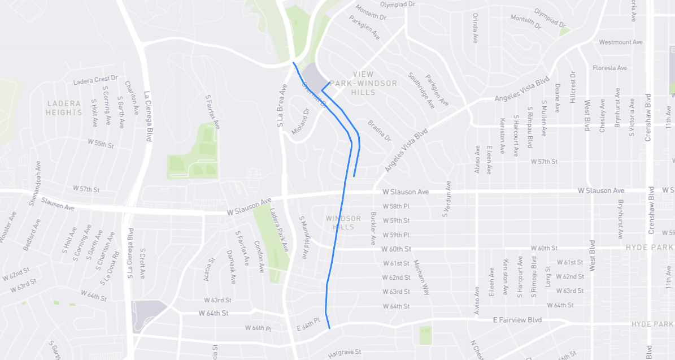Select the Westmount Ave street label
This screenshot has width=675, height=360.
coord(621,42)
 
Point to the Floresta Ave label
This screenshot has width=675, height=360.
coord(610,68)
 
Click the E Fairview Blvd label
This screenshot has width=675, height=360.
coord(517,320)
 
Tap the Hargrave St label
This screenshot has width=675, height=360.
coord(345,352)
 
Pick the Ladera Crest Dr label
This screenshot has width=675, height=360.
coord(95,81)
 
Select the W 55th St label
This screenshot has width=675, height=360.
coord(101,144)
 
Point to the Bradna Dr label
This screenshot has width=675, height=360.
coord(380,130)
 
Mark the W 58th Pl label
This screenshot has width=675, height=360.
coord(396,206)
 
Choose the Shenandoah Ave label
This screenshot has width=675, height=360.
coord(34,176)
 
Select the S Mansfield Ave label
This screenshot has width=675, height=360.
coord(303,237)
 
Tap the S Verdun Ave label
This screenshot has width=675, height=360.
coord(447,199)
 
